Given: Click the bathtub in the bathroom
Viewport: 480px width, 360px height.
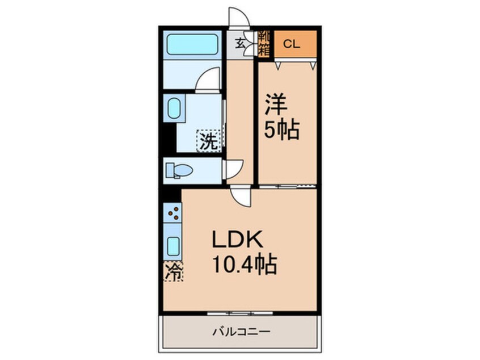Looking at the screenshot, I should point(191,45).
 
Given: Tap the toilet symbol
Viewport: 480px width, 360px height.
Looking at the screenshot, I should point(179,170).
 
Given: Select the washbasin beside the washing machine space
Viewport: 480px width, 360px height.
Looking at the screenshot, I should point(174,108).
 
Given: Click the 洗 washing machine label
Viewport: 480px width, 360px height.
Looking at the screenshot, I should point(208,141).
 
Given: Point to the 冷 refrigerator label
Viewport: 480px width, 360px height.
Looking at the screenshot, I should point(174,272).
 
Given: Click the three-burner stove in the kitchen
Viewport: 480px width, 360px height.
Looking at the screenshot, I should point(174,213).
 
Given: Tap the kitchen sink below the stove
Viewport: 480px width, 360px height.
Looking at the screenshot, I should point(173,245).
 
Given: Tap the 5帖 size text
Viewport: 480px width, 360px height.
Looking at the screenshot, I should point(281,131).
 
